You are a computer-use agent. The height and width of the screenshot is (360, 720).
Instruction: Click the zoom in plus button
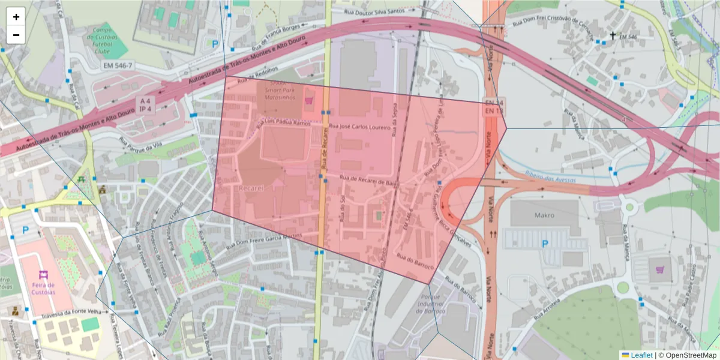pos(16,17)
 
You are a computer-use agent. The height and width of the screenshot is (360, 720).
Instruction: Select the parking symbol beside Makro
pos(545,244)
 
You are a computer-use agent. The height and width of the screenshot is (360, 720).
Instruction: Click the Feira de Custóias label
pos(43,287)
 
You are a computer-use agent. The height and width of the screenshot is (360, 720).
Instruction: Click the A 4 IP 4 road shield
pos(145,104)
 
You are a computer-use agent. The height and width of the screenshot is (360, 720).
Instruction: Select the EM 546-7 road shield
pos(117,65)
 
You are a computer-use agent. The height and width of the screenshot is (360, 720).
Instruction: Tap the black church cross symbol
pos(613,35)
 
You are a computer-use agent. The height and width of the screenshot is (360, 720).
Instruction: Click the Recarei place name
pos(251,188)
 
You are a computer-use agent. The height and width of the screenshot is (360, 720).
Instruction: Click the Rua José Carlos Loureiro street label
pos(360,127)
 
